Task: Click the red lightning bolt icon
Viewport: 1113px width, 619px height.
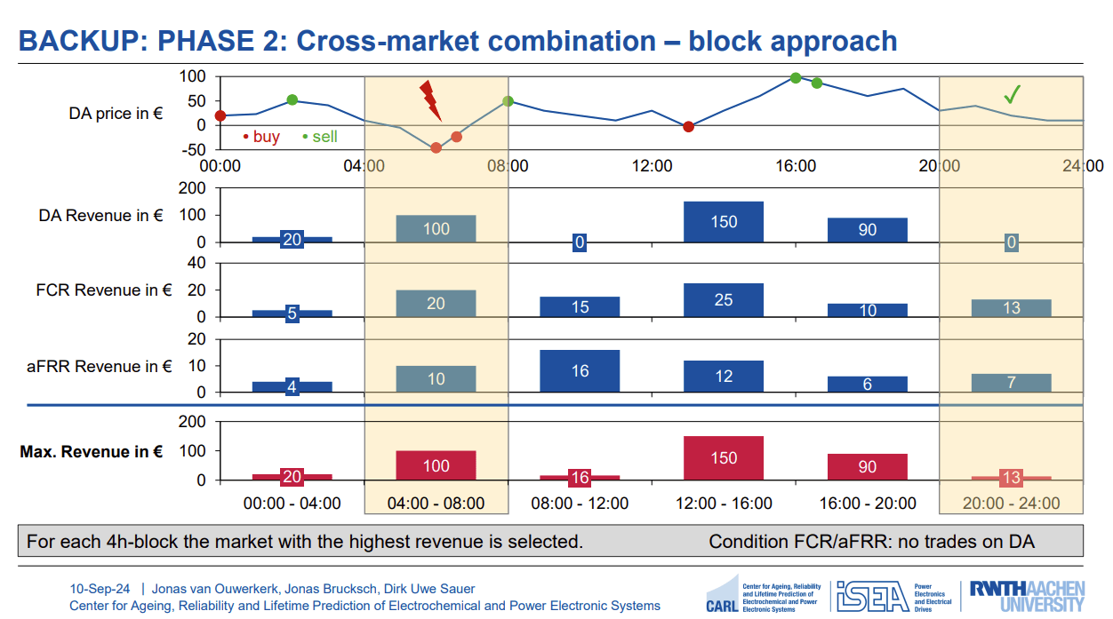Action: coord(430,99)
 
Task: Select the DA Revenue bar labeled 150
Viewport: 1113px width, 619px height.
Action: coord(724,222)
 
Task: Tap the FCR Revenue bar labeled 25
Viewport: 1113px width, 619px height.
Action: coord(724,300)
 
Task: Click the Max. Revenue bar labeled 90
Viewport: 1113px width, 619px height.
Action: coord(867,466)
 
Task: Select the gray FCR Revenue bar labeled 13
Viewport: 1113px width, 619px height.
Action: coord(1011,307)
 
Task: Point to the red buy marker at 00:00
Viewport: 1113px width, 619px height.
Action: coord(220,116)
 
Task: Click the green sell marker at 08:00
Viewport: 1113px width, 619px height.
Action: coord(508,101)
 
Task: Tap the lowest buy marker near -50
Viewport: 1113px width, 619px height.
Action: coord(436,147)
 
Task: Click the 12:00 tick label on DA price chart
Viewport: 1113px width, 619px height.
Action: coord(652,166)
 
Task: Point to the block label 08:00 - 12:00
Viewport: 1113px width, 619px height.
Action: coord(580,503)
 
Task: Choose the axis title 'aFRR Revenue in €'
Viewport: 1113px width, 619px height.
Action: coord(99,366)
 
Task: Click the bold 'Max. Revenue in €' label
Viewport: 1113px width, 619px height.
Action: coord(91,451)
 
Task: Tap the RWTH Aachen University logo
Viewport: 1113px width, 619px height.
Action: coord(1026,596)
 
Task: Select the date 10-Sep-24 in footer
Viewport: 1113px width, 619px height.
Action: coord(100,589)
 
